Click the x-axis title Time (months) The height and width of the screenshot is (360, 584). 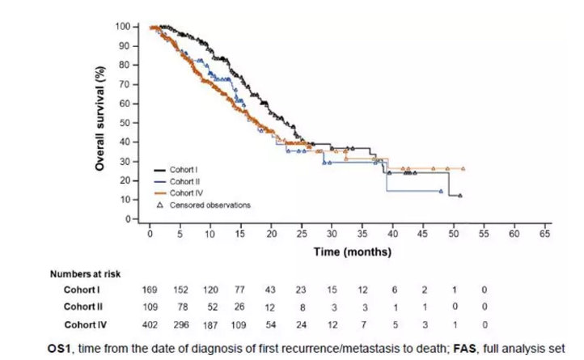(x=352, y=252)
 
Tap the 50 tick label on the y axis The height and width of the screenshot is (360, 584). (x=124, y=123)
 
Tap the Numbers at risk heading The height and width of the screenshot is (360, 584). (x=85, y=274)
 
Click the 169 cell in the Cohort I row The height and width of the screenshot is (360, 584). (x=150, y=290)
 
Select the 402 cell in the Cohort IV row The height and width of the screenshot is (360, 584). (x=150, y=324)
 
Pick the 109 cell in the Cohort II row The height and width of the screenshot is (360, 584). (x=150, y=307)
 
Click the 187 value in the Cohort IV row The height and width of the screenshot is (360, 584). (x=210, y=324)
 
